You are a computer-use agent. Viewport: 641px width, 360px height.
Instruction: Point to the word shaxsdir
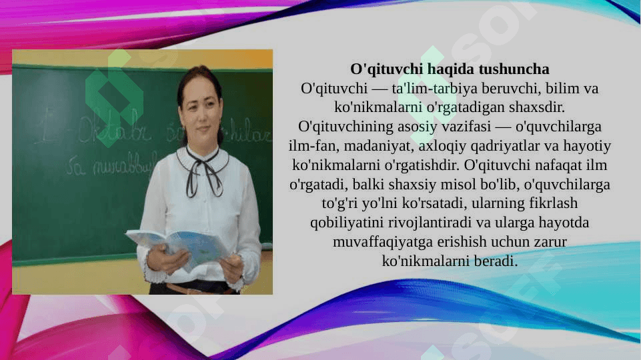tap(536, 107)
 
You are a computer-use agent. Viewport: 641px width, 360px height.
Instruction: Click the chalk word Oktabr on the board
tap(115, 129)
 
